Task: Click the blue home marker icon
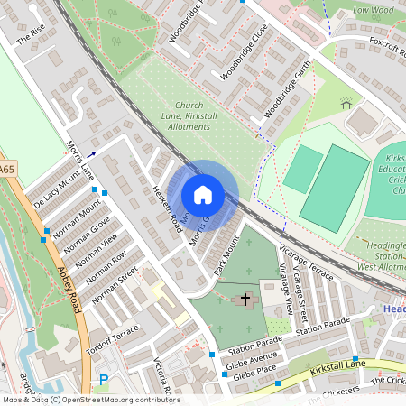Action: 203,195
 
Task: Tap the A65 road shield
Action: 7,168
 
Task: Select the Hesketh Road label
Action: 164,208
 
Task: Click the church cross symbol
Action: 245,299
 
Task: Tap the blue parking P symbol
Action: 103,382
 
